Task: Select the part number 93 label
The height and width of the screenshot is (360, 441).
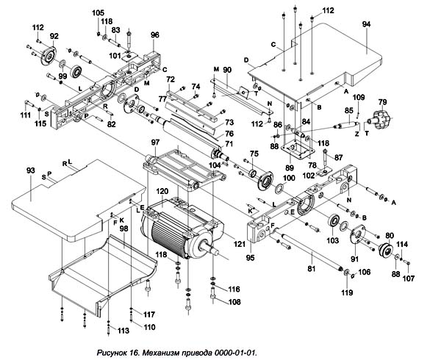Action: (31, 170)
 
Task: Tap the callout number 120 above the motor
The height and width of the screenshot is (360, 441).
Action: (162, 190)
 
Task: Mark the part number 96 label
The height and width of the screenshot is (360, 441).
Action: (155, 35)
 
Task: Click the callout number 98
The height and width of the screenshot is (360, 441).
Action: (124, 229)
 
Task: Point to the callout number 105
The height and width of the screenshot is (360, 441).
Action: (98, 13)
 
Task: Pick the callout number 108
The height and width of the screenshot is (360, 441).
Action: (234, 301)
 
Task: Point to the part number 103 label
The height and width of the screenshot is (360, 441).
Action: (332, 240)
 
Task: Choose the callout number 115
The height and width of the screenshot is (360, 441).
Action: (41, 123)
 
